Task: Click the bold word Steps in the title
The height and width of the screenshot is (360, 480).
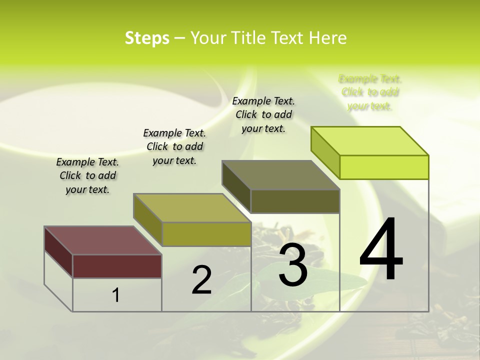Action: point(147,38)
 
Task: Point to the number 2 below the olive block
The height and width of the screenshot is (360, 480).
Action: point(201,280)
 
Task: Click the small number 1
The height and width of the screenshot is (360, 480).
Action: point(116,295)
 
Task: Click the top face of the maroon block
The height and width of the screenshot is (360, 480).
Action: point(102,240)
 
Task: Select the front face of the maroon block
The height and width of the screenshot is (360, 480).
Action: point(117,266)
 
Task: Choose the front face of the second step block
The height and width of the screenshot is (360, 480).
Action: point(206,234)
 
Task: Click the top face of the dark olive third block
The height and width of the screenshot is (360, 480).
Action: point(280,175)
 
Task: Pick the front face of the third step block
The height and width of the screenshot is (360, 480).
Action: point(295,201)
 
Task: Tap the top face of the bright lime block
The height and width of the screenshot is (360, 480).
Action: point(369,140)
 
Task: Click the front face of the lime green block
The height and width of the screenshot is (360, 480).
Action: point(384,167)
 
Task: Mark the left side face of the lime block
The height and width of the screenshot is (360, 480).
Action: point(325,150)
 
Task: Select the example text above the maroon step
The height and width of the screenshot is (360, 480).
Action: point(87,175)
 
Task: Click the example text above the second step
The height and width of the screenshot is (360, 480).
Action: point(174,146)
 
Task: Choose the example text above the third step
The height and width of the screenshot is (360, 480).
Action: point(263,114)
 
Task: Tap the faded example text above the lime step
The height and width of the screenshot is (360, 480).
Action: point(370,92)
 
